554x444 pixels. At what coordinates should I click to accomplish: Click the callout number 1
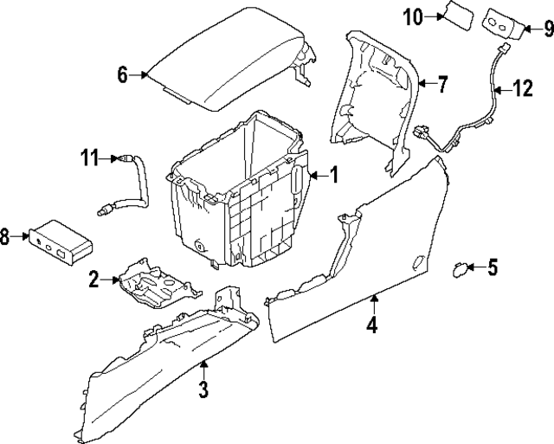[333, 176]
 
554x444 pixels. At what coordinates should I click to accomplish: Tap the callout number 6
[123, 75]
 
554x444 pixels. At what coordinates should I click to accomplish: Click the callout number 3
[203, 389]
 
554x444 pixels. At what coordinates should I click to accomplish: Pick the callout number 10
[413, 16]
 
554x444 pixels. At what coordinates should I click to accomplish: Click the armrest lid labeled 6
[225, 65]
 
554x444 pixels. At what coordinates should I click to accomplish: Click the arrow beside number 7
[424, 84]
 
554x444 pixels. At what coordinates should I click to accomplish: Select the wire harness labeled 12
[485, 108]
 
